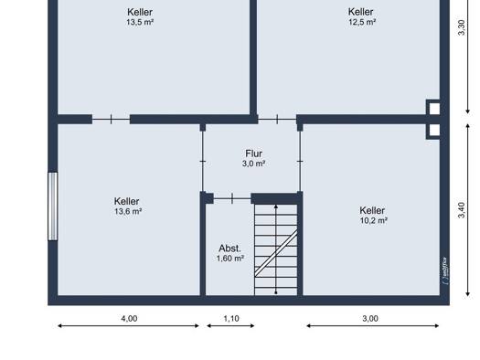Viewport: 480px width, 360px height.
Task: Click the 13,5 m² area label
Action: click(x=140, y=22)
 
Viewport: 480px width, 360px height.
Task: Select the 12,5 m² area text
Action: click(x=362, y=22)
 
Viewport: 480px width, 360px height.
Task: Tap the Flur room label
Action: click(x=254, y=154)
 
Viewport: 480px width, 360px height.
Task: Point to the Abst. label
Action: click(x=229, y=248)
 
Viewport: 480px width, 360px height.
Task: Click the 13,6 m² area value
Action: click(x=128, y=211)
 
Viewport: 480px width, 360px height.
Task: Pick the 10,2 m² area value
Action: click(x=374, y=220)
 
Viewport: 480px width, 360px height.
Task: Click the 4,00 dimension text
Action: click(x=129, y=318)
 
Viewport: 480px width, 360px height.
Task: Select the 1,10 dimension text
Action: click(x=231, y=318)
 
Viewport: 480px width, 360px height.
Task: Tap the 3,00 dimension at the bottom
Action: click(x=370, y=318)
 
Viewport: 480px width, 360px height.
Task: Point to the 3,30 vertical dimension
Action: click(x=462, y=27)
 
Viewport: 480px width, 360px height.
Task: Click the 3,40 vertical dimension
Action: click(x=462, y=210)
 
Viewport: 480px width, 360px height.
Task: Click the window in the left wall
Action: click(x=53, y=206)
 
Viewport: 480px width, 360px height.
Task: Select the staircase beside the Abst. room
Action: click(x=276, y=249)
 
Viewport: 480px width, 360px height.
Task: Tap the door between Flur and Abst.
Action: click(x=232, y=198)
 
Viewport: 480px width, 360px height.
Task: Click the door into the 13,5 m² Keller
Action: click(x=112, y=120)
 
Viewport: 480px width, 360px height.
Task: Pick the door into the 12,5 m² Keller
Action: click(x=277, y=120)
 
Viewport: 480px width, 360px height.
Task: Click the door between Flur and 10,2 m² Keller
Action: click(x=300, y=161)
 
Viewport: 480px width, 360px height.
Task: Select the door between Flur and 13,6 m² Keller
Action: click(x=203, y=161)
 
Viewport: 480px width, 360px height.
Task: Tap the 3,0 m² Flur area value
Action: click(x=254, y=164)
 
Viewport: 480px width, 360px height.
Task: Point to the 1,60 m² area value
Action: click(x=230, y=259)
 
